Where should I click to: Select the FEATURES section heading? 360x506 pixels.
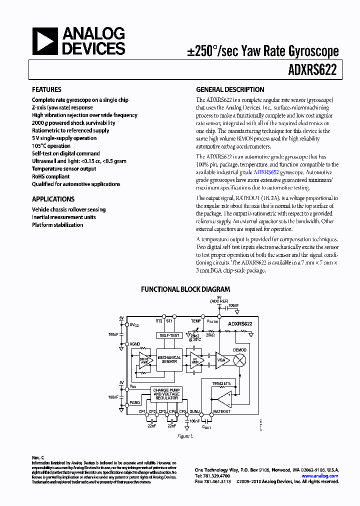tap(46, 90)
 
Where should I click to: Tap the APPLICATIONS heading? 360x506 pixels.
tap(53, 199)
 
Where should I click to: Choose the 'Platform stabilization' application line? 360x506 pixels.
tap(57, 225)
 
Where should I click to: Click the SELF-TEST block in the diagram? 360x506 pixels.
tap(169, 335)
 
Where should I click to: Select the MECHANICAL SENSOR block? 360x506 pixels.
tap(169, 359)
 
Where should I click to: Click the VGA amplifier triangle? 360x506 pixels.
tap(221, 359)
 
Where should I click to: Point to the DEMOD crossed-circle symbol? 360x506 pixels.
tap(240, 359)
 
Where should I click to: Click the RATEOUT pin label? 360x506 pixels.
tap(222, 412)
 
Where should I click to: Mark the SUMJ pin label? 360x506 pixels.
tap(195, 412)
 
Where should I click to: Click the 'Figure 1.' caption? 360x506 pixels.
tap(185, 436)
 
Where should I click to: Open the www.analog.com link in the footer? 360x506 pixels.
tap(321, 476)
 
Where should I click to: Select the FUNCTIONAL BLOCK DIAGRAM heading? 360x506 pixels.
tap(185, 289)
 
